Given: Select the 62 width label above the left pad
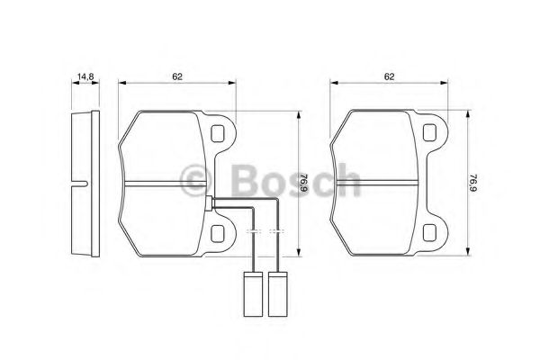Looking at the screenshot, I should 178,77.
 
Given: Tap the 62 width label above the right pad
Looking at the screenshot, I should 390,77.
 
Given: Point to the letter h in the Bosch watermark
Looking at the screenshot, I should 346,178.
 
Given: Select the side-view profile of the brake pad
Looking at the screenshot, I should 82,184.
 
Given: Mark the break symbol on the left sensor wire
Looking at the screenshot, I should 252,233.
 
